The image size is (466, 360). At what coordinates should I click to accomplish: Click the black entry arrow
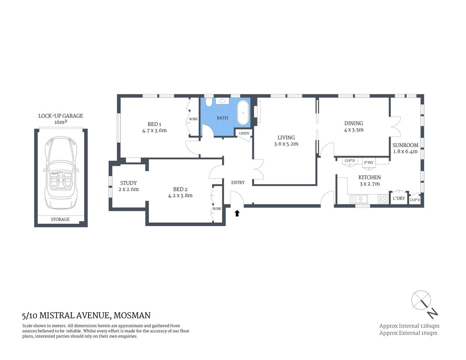(x=237, y=213)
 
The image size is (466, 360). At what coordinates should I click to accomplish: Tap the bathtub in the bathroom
(x=243, y=112)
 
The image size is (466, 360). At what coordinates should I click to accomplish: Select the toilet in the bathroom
(x=209, y=102)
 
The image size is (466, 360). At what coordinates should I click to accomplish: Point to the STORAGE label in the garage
(x=60, y=219)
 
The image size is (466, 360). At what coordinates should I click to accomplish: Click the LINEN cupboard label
(x=244, y=133)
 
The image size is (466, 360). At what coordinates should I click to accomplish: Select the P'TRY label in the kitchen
(x=369, y=162)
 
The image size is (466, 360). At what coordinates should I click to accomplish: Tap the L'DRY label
(x=399, y=198)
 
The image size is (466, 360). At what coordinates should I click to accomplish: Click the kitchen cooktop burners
(x=382, y=199)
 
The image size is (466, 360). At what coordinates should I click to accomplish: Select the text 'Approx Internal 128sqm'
(x=409, y=326)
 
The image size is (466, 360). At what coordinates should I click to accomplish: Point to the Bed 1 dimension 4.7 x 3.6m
(x=154, y=130)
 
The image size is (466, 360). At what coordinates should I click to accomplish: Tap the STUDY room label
(x=128, y=183)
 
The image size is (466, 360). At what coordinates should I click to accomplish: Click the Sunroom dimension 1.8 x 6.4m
(x=405, y=151)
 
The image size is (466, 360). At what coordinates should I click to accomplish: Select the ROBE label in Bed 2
(x=217, y=208)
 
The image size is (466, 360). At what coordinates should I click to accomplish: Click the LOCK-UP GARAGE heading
(x=60, y=116)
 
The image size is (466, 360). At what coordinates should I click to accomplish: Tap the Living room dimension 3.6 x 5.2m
(x=286, y=144)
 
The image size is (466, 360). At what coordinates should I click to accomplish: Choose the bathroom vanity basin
(x=223, y=101)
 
